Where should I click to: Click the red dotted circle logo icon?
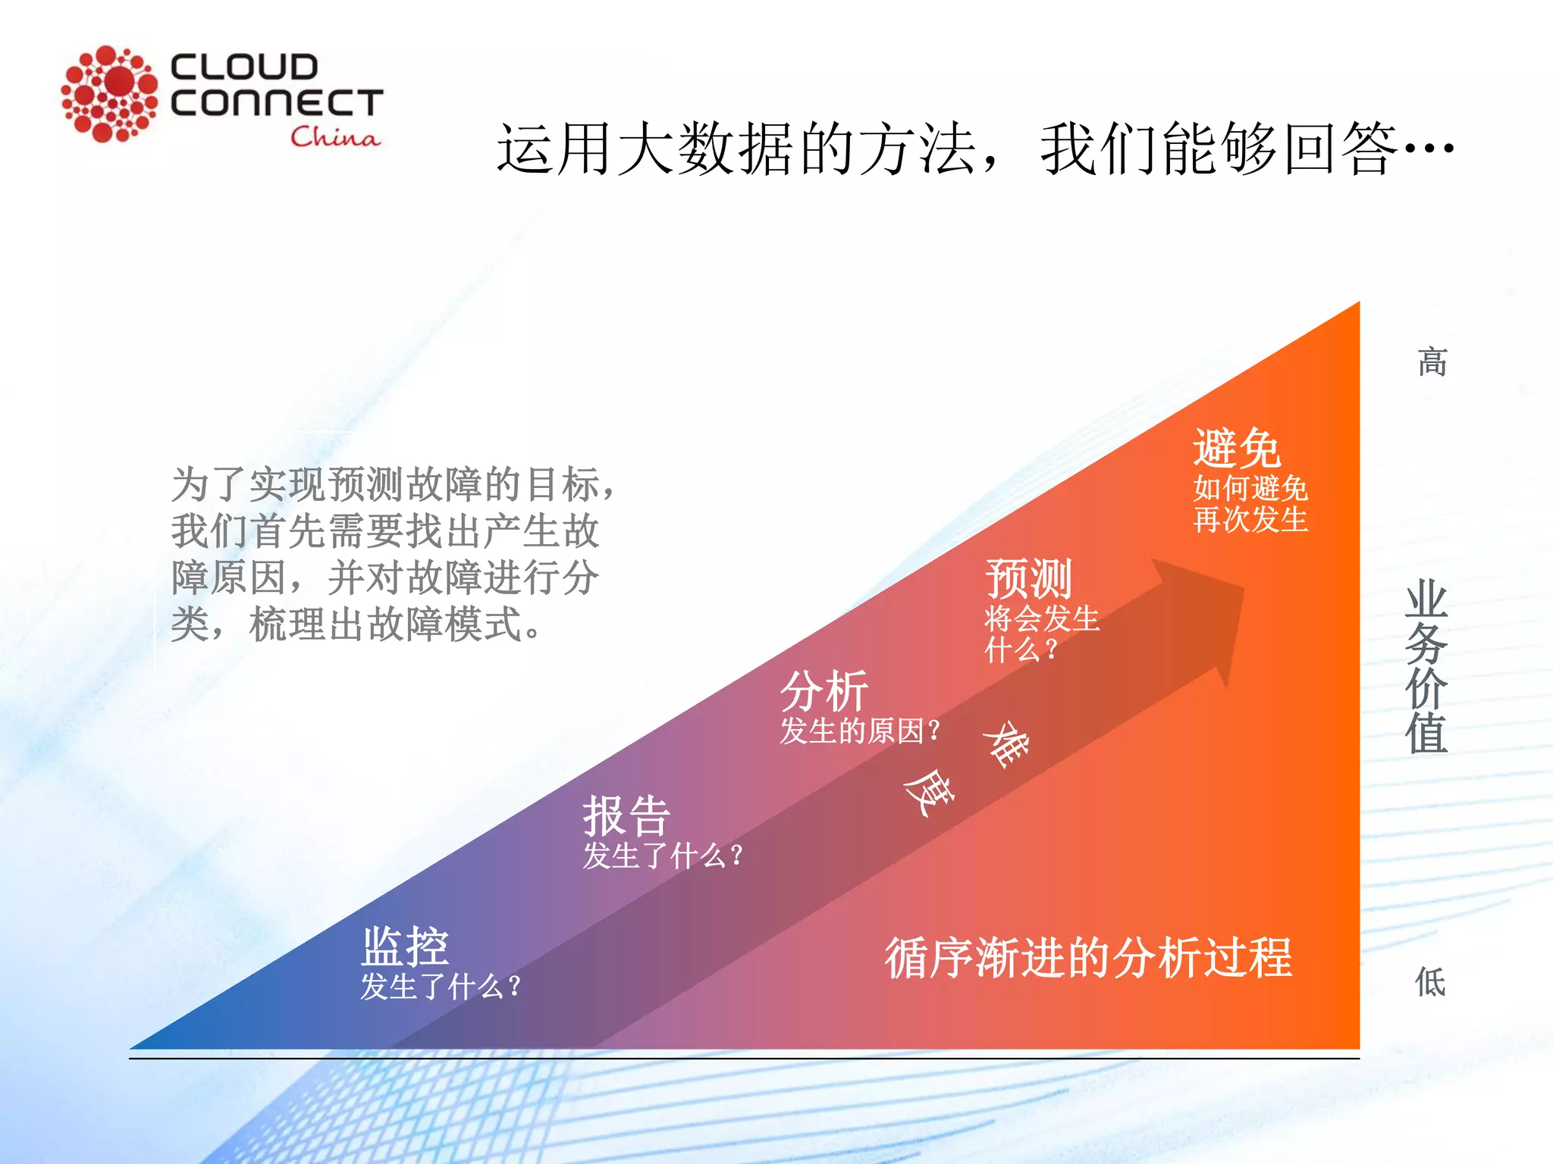[x=109, y=93]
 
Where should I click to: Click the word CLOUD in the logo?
[x=243, y=67]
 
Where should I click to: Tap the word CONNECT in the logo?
[x=277, y=102]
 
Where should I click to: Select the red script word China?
[x=334, y=136]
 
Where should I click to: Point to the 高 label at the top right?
[x=1432, y=361]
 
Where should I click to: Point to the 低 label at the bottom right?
[x=1430, y=982]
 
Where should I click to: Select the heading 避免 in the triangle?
[x=1237, y=448]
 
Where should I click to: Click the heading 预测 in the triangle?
[x=1028, y=579]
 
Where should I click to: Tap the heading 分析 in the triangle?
[x=824, y=691]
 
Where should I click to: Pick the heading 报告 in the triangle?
[x=626, y=816]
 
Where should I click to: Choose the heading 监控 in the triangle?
[x=405, y=947]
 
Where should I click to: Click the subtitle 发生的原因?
[x=860, y=731]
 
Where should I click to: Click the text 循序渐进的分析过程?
[x=1088, y=958]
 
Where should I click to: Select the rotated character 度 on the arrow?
[x=927, y=792]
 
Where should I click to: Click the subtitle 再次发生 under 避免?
[x=1250, y=520]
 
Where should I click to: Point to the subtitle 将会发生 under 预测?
[x=1042, y=619]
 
